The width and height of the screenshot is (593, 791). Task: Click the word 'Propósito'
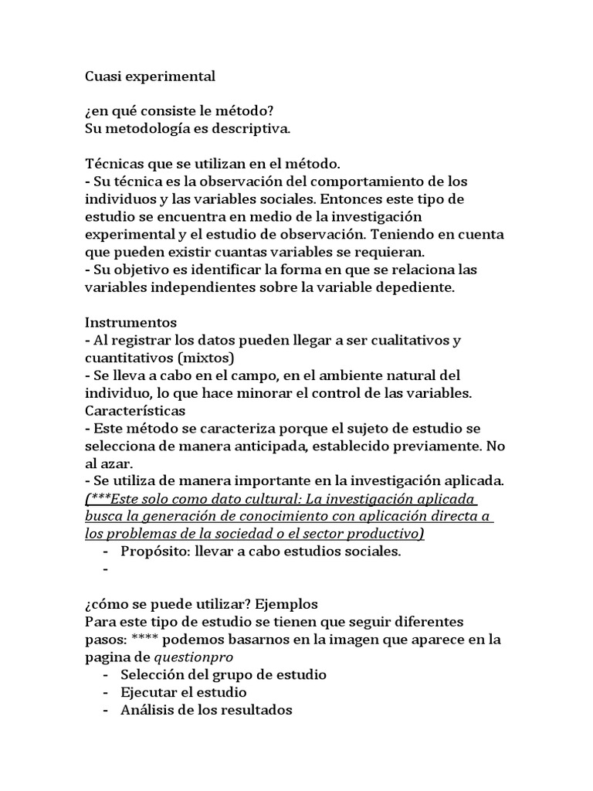click(153, 552)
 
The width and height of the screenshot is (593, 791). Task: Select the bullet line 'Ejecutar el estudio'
click(184, 692)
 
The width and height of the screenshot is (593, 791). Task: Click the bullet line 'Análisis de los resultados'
click(206, 710)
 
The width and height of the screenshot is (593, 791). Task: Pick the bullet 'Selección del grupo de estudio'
click(224, 674)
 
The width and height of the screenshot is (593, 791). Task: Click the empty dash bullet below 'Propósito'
click(105, 570)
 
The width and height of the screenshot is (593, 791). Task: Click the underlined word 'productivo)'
click(385, 534)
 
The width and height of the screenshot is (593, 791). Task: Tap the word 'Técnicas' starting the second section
click(113, 164)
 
